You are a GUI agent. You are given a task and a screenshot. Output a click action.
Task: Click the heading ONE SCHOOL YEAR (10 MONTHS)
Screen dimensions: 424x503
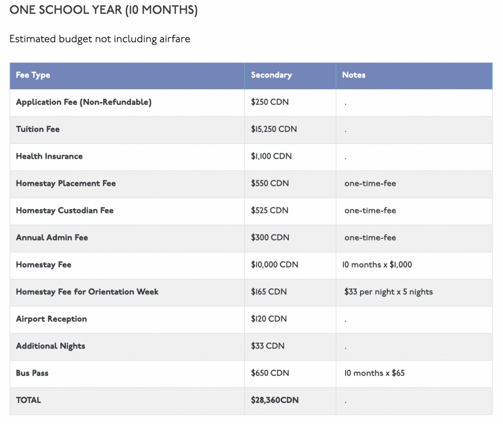pyautogui.click(x=104, y=11)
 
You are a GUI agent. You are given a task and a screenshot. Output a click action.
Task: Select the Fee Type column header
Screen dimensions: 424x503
pyautogui.click(x=33, y=75)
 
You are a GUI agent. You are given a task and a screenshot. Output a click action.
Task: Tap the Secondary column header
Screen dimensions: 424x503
pyautogui.click(x=271, y=75)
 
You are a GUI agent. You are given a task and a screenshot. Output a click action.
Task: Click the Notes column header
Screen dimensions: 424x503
pyautogui.click(x=354, y=75)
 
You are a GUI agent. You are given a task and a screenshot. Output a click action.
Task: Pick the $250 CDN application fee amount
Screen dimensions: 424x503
pyautogui.click(x=270, y=102)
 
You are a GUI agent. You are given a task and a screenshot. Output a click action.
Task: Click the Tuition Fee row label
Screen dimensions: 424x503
pyautogui.click(x=38, y=129)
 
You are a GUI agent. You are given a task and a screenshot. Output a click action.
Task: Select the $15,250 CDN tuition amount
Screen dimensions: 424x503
pyautogui.click(x=274, y=129)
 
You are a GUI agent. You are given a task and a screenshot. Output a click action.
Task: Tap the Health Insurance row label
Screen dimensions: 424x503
pyautogui.click(x=49, y=157)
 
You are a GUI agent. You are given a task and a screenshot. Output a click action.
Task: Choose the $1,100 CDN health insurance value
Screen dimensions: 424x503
pyautogui.click(x=271, y=157)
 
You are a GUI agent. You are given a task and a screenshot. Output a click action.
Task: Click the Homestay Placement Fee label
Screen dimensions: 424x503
pyautogui.click(x=66, y=184)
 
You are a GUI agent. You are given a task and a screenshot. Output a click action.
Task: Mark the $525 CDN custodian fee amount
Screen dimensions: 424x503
pyautogui.click(x=270, y=210)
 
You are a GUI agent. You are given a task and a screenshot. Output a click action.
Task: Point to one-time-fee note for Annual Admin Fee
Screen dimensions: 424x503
pyautogui.click(x=370, y=238)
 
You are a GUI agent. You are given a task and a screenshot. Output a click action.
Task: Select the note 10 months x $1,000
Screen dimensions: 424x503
pyautogui.click(x=377, y=265)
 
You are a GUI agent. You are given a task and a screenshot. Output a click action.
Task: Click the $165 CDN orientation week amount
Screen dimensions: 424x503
pyautogui.click(x=269, y=292)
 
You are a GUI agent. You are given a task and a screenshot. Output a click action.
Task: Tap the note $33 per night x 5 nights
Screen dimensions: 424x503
pyautogui.click(x=388, y=292)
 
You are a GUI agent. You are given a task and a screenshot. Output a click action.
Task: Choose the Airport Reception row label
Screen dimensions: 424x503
pyautogui.click(x=51, y=319)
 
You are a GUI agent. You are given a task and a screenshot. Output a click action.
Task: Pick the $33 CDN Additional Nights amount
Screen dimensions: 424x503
pyautogui.click(x=268, y=346)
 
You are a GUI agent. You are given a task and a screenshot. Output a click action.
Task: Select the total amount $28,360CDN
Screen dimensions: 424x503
pyautogui.click(x=275, y=400)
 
